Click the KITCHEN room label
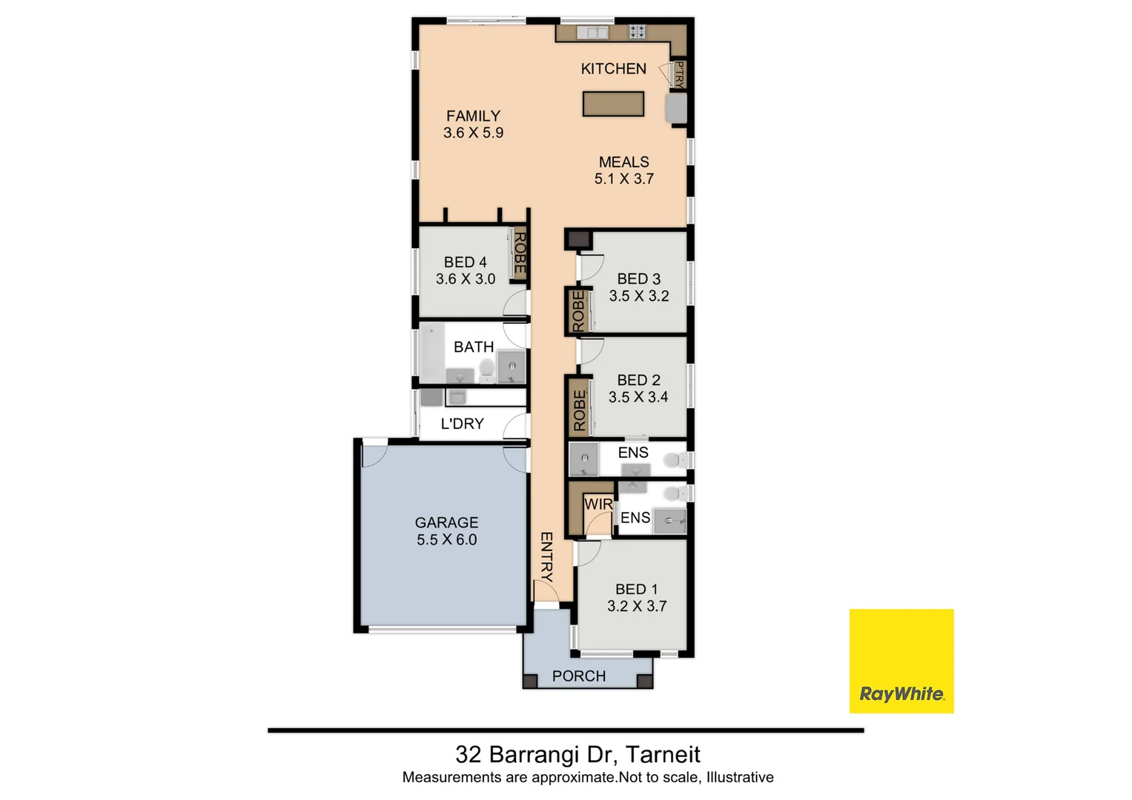[x=613, y=69]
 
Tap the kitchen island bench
[x=613, y=104]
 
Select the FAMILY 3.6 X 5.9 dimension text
[x=473, y=133]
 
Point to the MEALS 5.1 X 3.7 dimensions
[x=623, y=179]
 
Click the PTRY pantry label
[x=679, y=75]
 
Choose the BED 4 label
[x=465, y=262]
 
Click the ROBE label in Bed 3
[x=578, y=311]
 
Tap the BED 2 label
[x=638, y=380]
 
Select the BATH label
[x=474, y=347]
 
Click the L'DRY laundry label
[x=462, y=424]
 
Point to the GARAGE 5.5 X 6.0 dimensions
[x=446, y=540]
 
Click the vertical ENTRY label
[x=546, y=556]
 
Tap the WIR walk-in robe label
[x=598, y=504]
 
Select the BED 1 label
[x=636, y=589]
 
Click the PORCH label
[x=579, y=676]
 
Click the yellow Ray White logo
[x=901, y=661]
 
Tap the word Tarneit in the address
[x=663, y=755]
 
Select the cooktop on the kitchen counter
[x=638, y=32]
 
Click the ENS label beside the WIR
[x=635, y=518]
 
